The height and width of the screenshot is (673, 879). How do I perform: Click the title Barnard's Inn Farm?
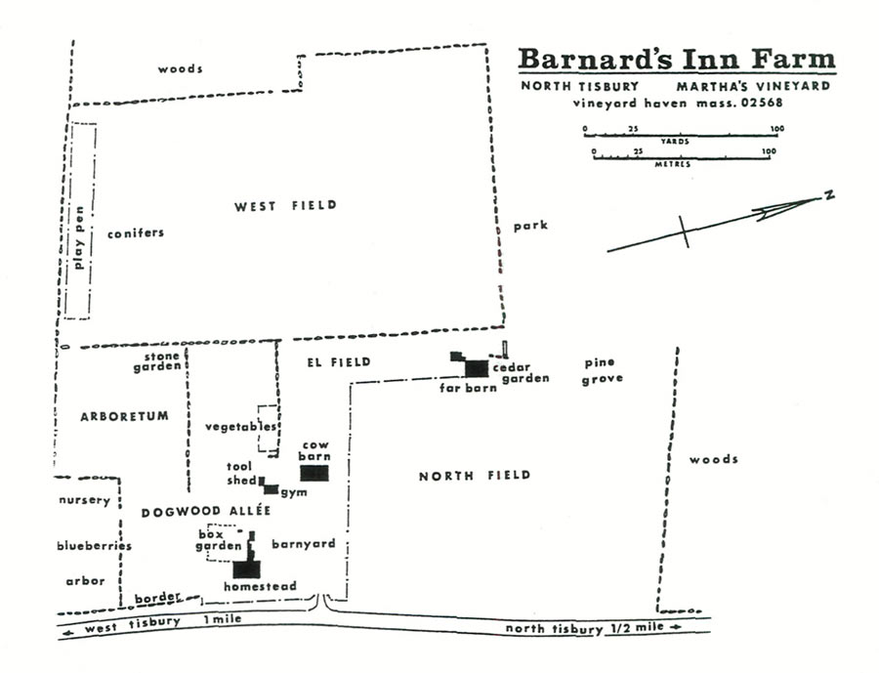pyautogui.click(x=676, y=59)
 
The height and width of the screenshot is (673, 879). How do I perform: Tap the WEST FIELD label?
pyautogui.click(x=285, y=205)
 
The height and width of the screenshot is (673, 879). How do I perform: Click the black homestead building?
pyautogui.click(x=247, y=568)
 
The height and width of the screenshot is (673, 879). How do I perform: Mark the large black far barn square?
pyautogui.click(x=476, y=368)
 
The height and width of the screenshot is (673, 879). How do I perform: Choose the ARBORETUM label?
pyautogui.click(x=134, y=416)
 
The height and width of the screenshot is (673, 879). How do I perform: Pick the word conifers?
pyautogui.click(x=136, y=232)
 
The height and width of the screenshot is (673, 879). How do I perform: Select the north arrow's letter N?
pyautogui.click(x=828, y=196)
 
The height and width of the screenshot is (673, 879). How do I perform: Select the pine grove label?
pyautogui.click(x=602, y=371)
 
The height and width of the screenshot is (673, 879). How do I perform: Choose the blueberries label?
pyautogui.click(x=94, y=546)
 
